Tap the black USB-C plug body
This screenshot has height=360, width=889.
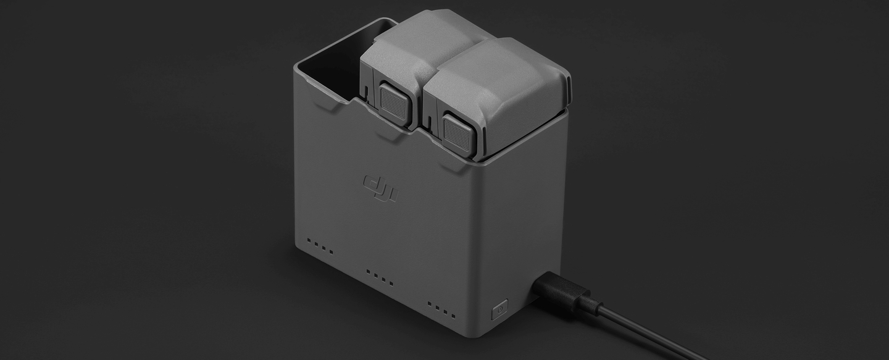559,290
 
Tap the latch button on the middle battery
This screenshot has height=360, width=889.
393,103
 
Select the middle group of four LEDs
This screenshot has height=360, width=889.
380,276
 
